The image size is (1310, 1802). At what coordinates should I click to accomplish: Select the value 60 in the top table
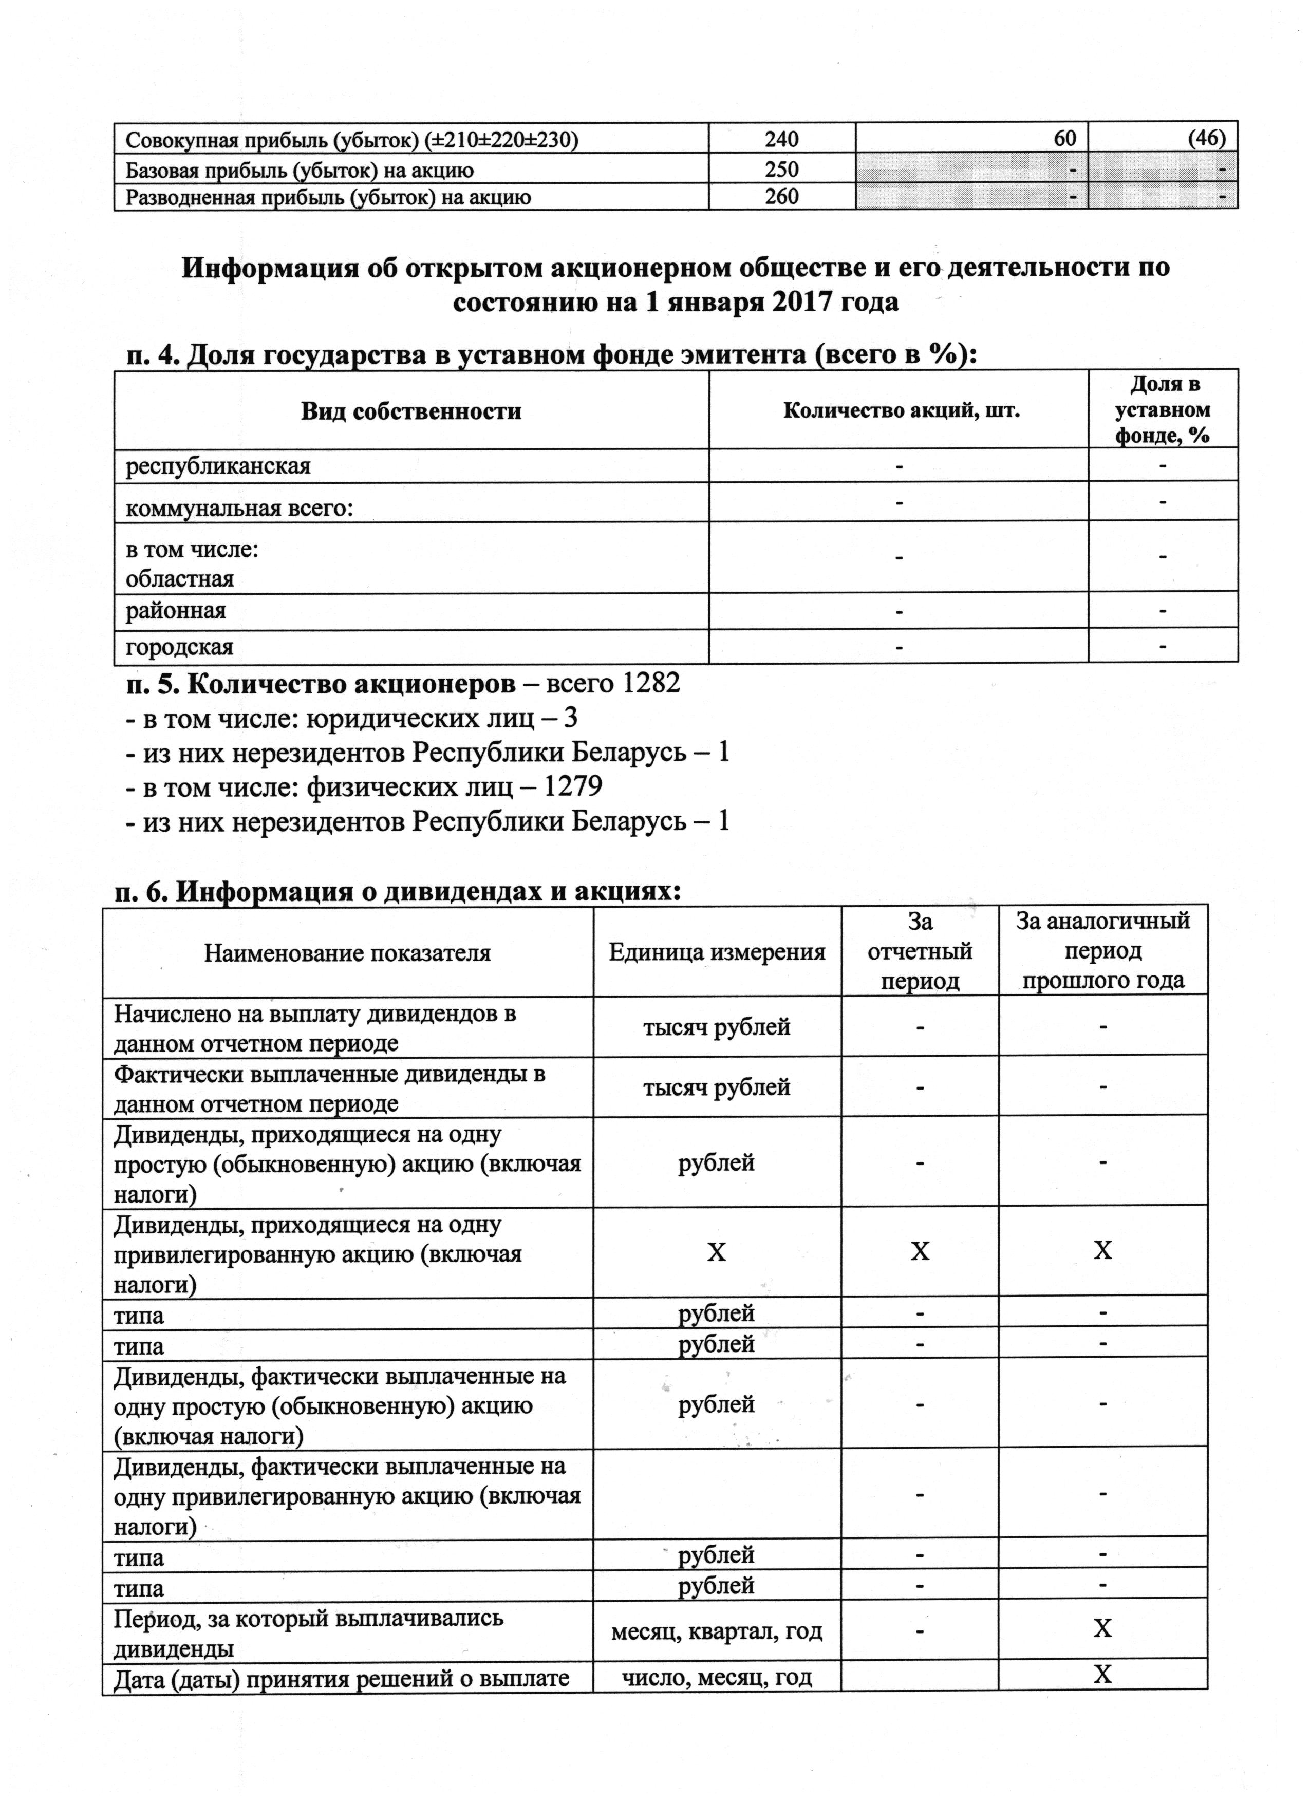coord(1064,138)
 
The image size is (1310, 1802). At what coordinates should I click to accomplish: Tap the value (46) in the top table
coord(1207,138)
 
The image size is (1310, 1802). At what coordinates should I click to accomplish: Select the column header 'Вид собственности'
coord(410,411)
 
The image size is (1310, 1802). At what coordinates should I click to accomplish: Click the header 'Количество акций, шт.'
coord(901,411)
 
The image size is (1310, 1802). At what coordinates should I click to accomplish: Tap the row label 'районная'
coord(176,610)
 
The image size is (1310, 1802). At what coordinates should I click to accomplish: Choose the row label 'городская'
coord(179,647)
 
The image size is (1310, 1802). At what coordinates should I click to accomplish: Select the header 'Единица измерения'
coord(717,952)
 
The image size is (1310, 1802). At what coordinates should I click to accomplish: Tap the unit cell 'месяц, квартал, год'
coord(717,1631)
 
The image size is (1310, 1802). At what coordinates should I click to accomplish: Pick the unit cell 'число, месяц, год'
coord(717,1677)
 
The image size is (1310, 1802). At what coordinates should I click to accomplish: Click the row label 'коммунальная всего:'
coord(239,509)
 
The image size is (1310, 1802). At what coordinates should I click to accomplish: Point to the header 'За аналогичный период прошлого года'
coord(1102,950)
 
